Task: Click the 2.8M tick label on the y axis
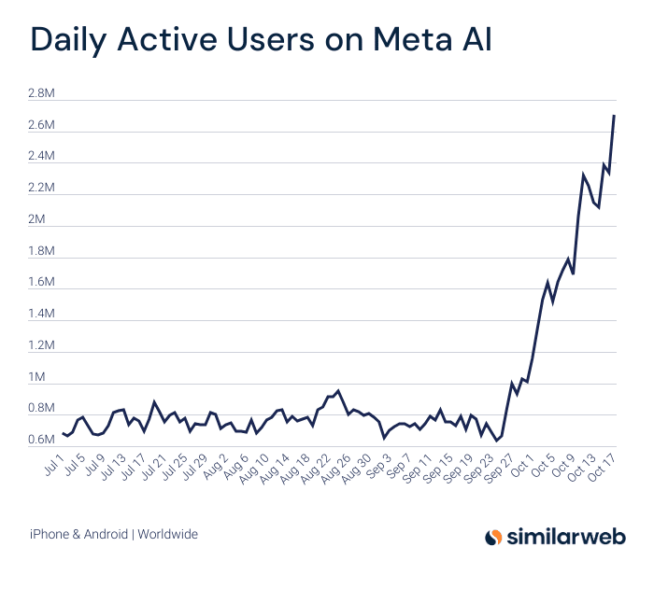[42, 93]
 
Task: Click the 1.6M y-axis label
[42, 282]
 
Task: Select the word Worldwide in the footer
[168, 535]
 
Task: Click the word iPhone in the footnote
[48, 535]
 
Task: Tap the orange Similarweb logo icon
[494, 537]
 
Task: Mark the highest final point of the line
[614, 116]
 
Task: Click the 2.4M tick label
[42, 156]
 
